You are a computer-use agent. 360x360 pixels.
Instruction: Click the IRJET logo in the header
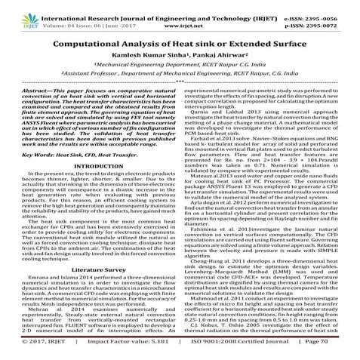[x=16, y=10]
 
